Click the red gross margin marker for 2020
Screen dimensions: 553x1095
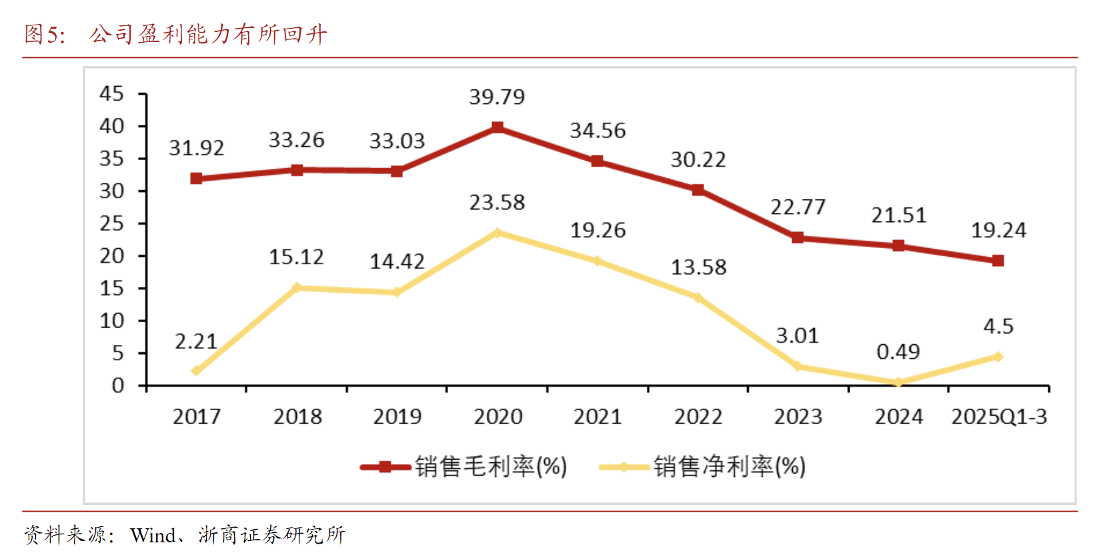click(x=497, y=127)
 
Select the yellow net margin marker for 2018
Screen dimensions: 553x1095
click(x=297, y=288)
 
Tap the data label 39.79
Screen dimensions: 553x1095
click(x=497, y=97)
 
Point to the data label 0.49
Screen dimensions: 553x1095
click(x=898, y=352)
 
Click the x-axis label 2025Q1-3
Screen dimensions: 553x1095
click(x=998, y=417)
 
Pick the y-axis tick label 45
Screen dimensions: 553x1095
click(x=111, y=93)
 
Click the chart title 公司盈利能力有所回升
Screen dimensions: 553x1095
click(x=208, y=34)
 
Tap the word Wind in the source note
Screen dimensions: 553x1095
click(x=153, y=535)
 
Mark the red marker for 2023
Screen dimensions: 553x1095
click(x=798, y=237)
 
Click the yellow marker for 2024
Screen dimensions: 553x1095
click(x=898, y=382)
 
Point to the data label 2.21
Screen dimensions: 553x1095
click(x=196, y=342)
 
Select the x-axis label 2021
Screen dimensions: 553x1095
click(x=598, y=417)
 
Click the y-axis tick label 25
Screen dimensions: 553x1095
click(x=111, y=223)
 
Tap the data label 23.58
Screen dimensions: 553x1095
click(x=497, y=202)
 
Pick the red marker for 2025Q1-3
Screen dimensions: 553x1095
click(x=998, y=261)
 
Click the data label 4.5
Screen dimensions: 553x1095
click(x=998, y=326)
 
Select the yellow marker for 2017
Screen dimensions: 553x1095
click(x=196, y=371)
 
